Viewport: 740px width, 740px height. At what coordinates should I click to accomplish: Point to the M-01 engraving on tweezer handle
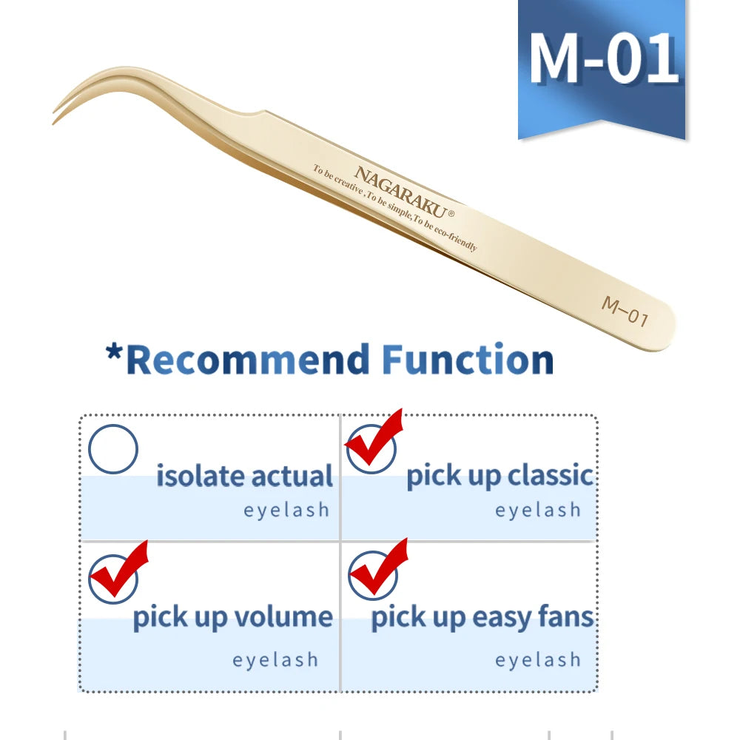[x=625, y=311]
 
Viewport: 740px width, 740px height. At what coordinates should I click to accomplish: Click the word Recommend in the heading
[x=248, y=360]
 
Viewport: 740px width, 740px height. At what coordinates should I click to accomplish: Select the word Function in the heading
[x=468, y=360]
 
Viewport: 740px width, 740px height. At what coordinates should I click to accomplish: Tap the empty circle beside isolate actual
[x=113, y=449]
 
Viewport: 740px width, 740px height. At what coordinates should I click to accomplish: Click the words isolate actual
[x=244, y=476]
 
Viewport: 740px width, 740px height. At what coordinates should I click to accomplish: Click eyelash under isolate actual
[x=286, y=510]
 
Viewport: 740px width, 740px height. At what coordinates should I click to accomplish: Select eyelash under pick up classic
[x=538, y=510]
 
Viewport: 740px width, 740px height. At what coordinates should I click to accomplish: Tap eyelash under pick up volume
[x=275, y=659]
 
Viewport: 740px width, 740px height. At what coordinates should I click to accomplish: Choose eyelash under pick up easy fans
[x=538, y=659]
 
